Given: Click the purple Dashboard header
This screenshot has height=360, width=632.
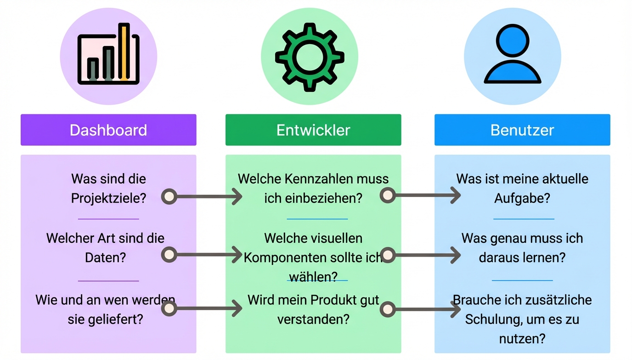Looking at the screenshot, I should (x=108, y=130).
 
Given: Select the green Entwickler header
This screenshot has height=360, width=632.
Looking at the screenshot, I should (x=313, y=130).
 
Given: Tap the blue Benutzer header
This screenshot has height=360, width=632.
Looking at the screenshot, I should (x=522, y=130).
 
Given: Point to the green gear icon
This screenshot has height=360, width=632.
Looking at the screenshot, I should (x=310, y=56).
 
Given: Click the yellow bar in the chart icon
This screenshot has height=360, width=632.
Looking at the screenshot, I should (x=124, y=51).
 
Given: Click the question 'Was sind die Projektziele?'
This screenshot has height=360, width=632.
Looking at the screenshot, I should (x=108, y=188).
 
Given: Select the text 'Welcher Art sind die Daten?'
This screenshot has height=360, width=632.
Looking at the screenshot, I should (x=105, y=247).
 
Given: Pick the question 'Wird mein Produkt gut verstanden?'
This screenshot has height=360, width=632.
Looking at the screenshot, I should (x=313, y=309).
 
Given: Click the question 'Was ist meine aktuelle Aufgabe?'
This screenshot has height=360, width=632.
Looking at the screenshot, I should (x=522, y=188).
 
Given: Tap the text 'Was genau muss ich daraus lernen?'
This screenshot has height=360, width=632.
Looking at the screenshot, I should (x=522, y=247).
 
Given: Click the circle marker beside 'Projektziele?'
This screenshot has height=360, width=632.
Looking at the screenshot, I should (x=169, y=197).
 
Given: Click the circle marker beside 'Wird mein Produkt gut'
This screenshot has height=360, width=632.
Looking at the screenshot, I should (x=388, y=309).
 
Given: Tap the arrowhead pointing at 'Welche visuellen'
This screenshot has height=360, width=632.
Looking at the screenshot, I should (x=237, y=254).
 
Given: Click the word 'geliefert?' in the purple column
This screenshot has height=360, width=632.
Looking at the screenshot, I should (x=121, y=319).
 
